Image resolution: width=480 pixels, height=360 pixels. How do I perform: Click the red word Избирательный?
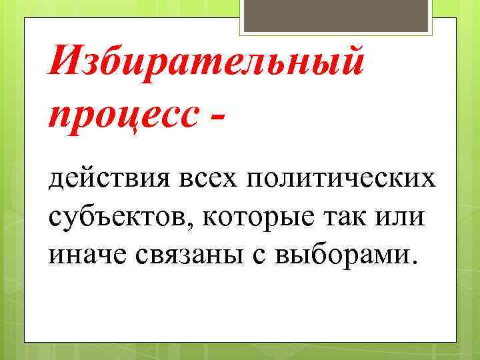pos(207,65)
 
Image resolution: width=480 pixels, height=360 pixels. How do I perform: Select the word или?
pos(405,218)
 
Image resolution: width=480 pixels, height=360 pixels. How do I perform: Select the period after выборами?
pos(417,263)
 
